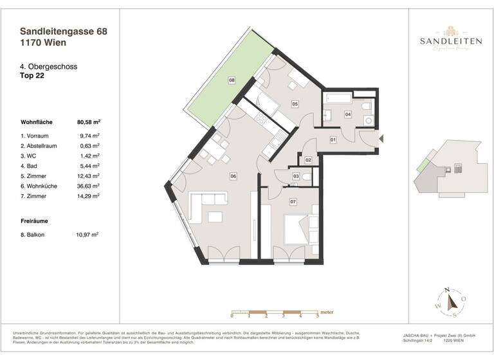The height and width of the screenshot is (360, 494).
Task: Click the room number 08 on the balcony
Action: pyautogui.click(x=232, y=80)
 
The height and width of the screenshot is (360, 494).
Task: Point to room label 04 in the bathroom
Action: pyautogui.click(x=348, y=114)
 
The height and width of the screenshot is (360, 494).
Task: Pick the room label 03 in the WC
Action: pyautogui.click(x=296, y=176)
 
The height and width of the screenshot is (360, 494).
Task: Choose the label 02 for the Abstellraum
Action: pyautogui.click(x=309, y=159)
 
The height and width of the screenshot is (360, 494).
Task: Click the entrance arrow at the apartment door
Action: pyautogui.click(x=381, y=137)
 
